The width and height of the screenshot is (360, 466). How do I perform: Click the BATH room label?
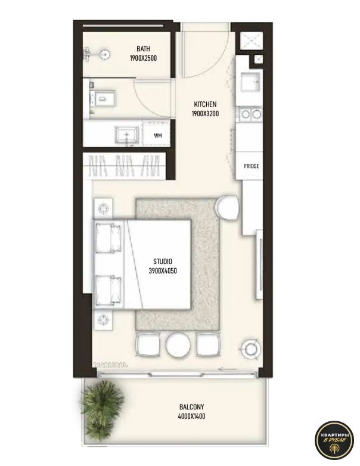click(x=143, y=49)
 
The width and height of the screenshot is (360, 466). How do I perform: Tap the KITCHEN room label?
click(x=204, y=104)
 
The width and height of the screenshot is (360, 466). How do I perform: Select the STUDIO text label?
click(x=163, y=261)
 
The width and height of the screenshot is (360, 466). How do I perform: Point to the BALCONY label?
click(x=192, y=408)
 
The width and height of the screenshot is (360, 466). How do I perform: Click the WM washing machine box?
click(x=158, y=135)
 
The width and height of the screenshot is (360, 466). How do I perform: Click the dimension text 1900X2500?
click(x=143, y=58)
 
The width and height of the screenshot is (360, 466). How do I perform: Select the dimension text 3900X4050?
click(x=163, y=271)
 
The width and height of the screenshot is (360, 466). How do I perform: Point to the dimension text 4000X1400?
click(x=192, y=417)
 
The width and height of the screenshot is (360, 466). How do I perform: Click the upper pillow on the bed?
click(x=108, y=238)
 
